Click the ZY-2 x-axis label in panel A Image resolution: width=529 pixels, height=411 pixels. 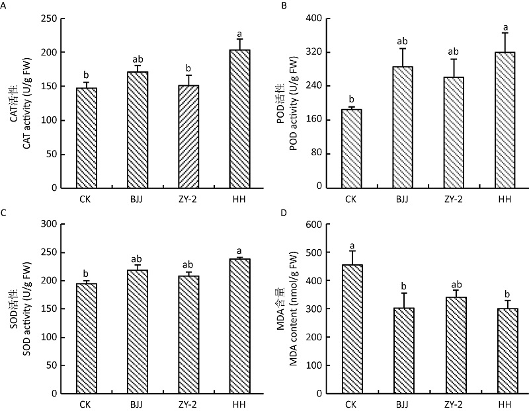188,198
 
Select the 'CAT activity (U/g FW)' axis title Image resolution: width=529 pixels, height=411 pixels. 28,103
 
